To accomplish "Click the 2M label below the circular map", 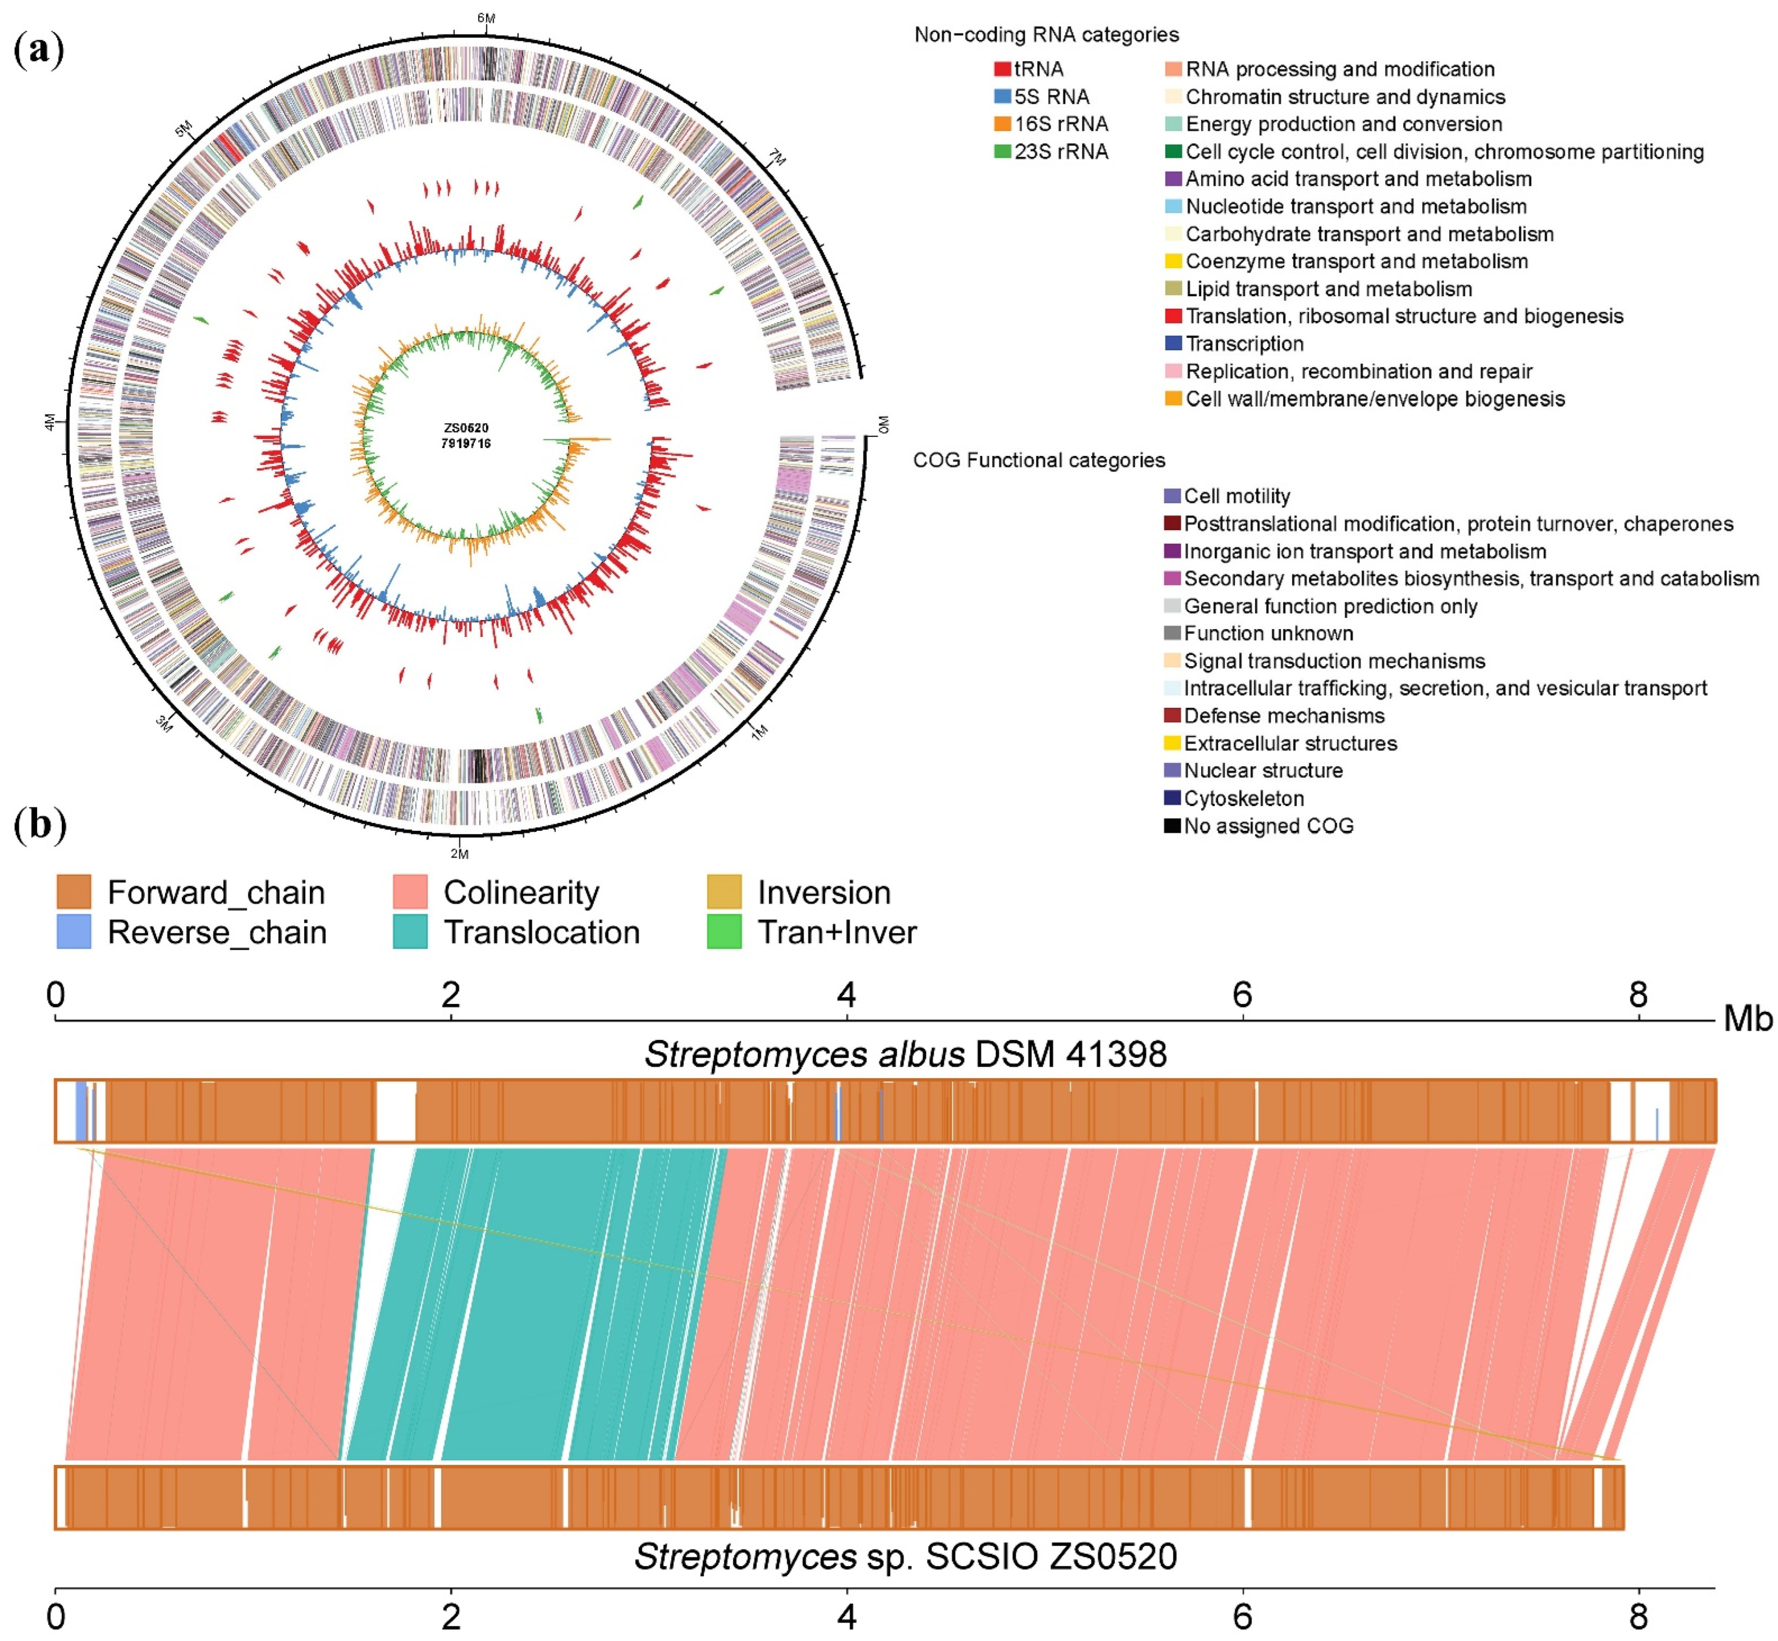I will tap(459, 853).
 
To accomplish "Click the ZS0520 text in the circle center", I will tap(466, 428).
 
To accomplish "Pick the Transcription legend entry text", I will tap(1244, 344).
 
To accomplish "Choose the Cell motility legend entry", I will tap(1237, 497).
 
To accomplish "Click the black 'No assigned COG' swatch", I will tap(1172, 826).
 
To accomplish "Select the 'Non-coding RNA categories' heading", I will tap(1046, 35).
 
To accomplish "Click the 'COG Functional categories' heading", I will tap(1039, 460).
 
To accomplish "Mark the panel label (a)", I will tap(39, 49).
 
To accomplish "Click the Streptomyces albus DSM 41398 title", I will tap(904, 1054).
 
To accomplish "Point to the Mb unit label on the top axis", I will tap(1747, 1019).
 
